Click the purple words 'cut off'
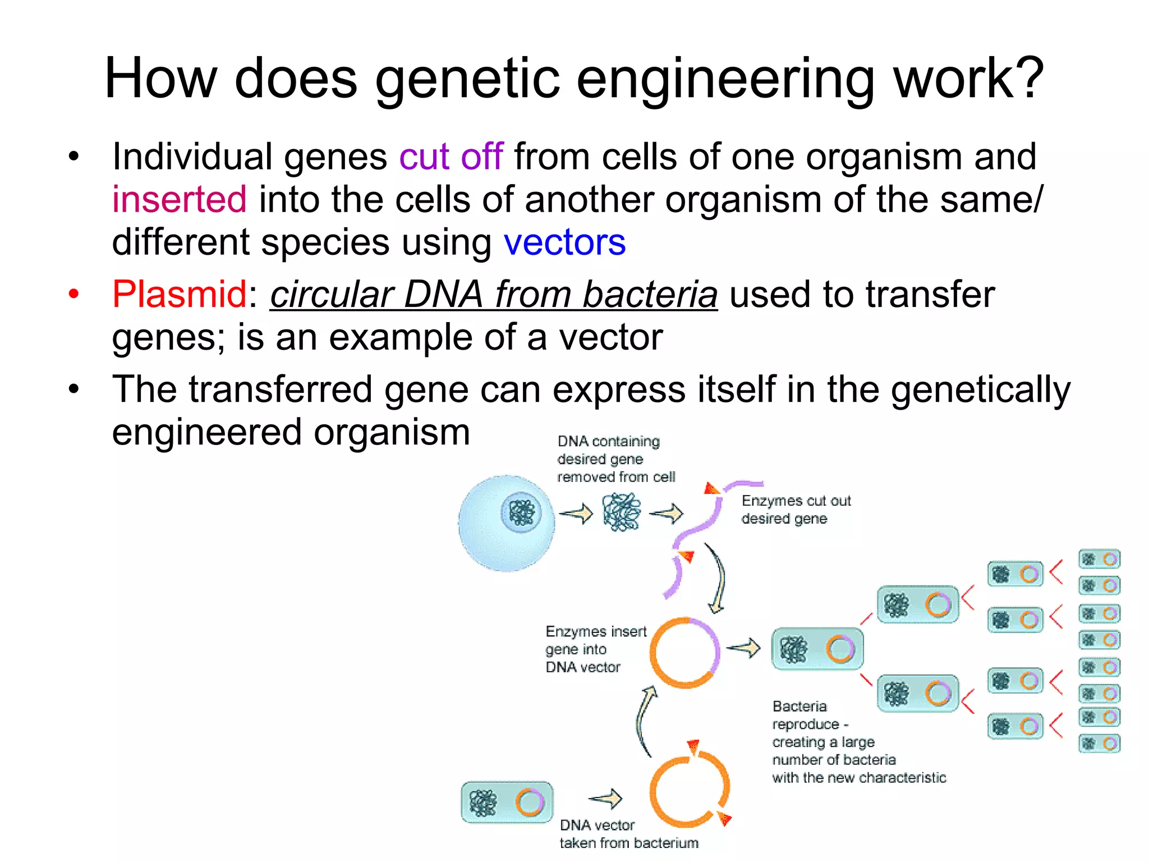(451, 157)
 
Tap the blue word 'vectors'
(564, 242)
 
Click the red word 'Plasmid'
(179, 294)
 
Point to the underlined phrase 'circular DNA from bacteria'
(494, 294)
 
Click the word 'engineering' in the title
(725, 79)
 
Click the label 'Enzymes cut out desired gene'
(796, 510)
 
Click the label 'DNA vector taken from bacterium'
(628, 834)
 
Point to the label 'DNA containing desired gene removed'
(615, 459)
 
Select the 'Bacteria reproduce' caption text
(858, 742)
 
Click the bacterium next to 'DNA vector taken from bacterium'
(507, 803)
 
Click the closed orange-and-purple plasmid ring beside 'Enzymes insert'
(684, 653)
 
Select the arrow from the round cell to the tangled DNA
(577, 513)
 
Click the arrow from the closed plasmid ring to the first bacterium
(744, 648)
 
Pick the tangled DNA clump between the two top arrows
(622, 512)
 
